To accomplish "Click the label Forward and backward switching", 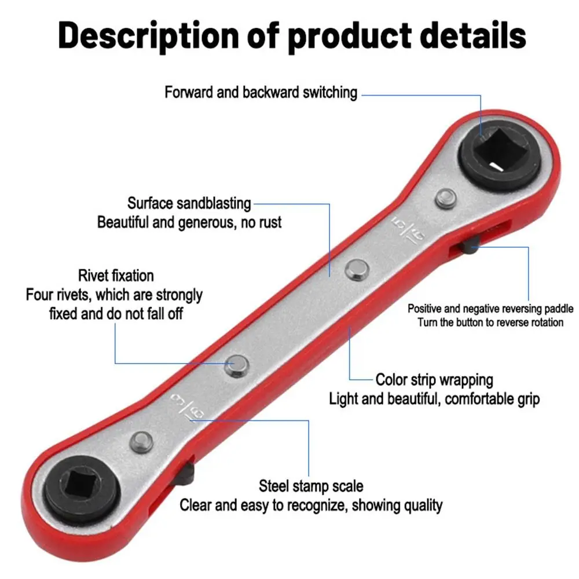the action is click(261, 92).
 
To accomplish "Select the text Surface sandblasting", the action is click(189, 203).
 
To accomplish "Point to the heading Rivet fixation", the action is click(116, 276).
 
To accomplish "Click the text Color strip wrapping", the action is click(434, 380).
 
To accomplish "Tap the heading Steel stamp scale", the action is click(311, 486).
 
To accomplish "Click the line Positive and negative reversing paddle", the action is click(490, 309).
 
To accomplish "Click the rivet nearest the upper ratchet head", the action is click(446, 199).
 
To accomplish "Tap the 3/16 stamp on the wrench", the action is click(188, 408).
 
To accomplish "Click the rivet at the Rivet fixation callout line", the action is click(236, 366).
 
